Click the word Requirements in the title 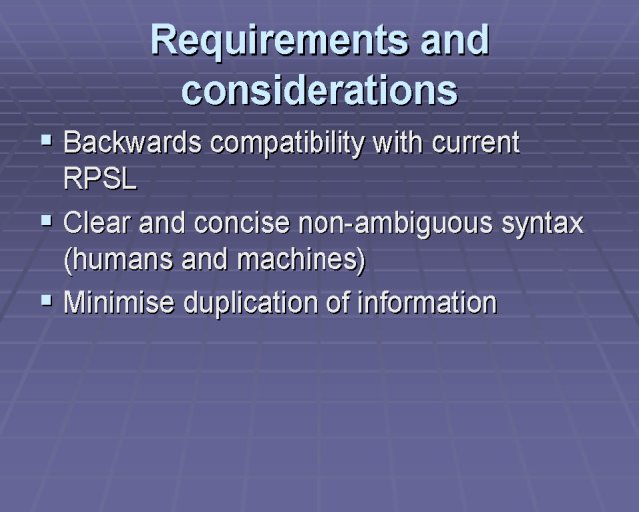point(280,40)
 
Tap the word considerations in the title point(319,90)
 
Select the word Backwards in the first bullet point(132,142)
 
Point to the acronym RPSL point(100,178)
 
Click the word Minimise point(118,303)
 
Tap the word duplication point(251,303)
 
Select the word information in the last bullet point(428,303)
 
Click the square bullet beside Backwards point(47,141)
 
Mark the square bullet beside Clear point(47,221)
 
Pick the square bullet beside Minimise point(47,301)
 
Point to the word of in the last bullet point(337,303)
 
